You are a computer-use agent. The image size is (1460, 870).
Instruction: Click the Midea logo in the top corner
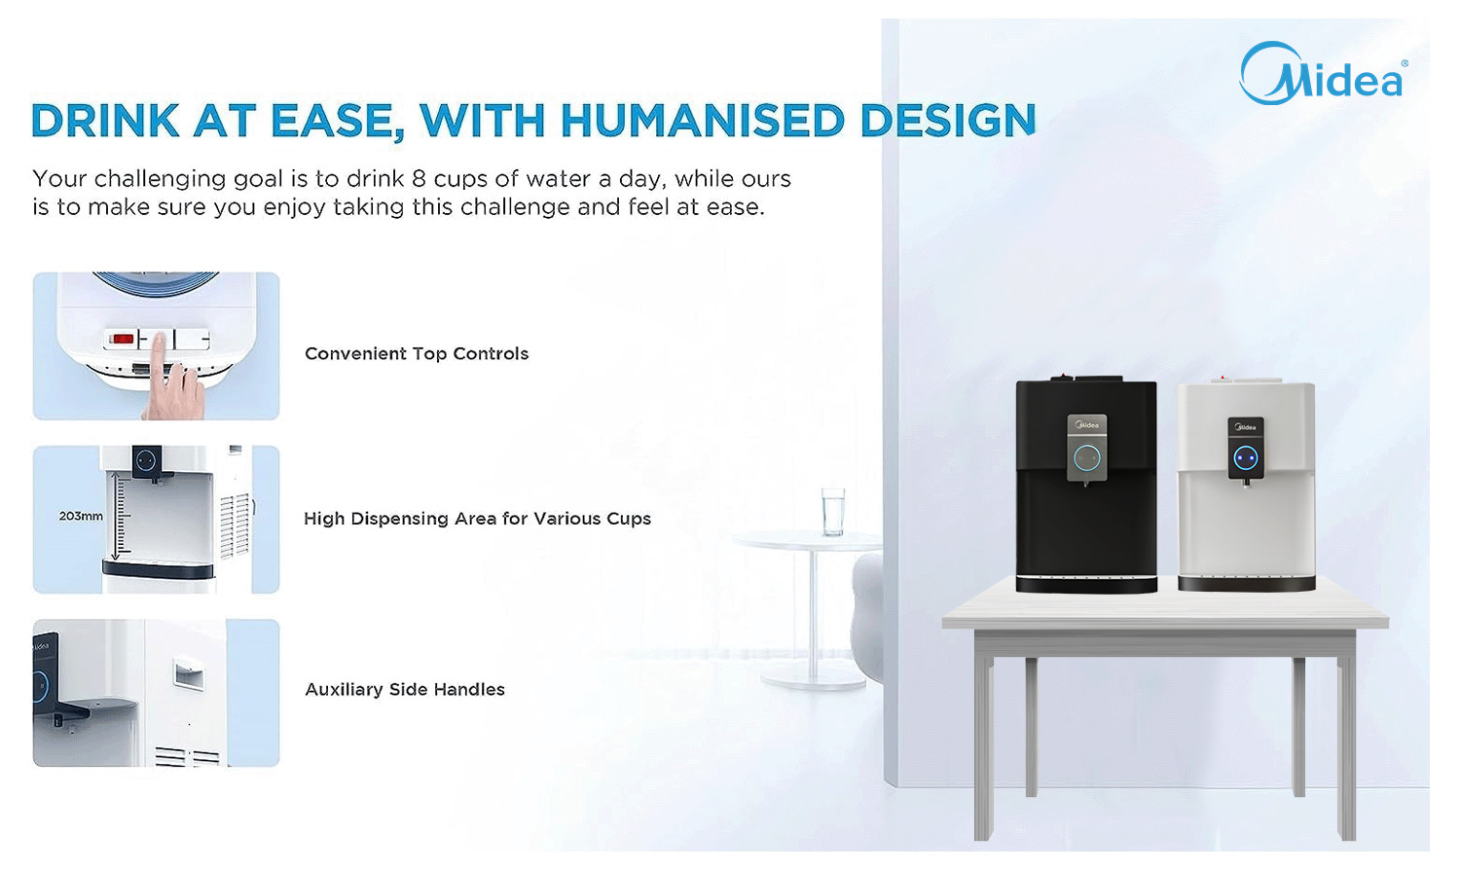coord(1323,74)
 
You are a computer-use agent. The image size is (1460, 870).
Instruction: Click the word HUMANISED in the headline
coord(702,121)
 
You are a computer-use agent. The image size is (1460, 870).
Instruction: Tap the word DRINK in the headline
coord(105,121)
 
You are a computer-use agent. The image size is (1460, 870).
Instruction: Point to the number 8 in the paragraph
coord(419,178)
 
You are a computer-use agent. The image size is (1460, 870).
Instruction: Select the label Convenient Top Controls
coord(417,353)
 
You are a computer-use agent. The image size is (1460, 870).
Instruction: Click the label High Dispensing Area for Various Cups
coord(477,518)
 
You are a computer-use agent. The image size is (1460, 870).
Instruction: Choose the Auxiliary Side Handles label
coord(405,689)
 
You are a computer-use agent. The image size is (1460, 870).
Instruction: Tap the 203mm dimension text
coord(81,516)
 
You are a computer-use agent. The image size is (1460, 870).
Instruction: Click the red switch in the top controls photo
coord(122,339)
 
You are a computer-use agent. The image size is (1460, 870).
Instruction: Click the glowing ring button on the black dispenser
coord(1086,458)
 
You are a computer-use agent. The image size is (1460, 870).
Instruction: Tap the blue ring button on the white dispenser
coord(1246,458)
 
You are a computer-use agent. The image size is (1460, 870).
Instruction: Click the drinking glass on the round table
coord(832,512)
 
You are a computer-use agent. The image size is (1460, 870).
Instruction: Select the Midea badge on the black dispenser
coord(1087,425)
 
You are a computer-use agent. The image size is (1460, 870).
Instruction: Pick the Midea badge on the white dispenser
coord(1246,427)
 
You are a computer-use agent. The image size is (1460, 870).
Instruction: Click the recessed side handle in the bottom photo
coord(189,673)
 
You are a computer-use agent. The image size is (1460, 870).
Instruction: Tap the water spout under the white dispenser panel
coord(1246,484)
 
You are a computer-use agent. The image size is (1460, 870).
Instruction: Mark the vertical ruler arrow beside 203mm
coord(116,516)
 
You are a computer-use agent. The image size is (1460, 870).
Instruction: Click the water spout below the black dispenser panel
coord(1086,484)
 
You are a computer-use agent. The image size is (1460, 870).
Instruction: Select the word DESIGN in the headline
coord(948,121)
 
